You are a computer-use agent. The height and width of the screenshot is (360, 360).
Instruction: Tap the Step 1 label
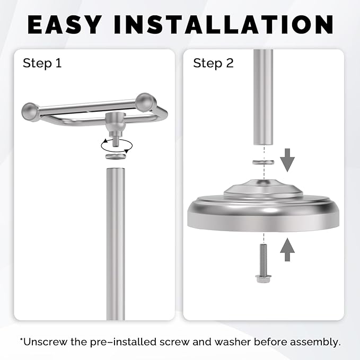pyautogui.click(x=42, y=64)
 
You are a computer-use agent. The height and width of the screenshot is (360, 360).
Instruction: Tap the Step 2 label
pyautogui.click(x=213, y=64)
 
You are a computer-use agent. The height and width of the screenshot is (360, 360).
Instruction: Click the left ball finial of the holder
pyautogui.click(x=29, y=111)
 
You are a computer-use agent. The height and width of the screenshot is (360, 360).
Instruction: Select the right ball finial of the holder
pyautogui.click(x=145, y=101)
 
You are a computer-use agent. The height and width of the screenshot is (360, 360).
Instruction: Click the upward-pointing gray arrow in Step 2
pyautogui.click(x=287, y=249)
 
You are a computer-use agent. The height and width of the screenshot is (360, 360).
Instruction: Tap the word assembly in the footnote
pyautogui.click(x=316, y=341)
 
